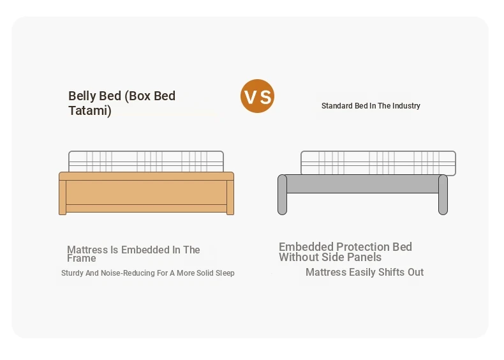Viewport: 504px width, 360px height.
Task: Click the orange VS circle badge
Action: pyautogui.click(x=257, y=96)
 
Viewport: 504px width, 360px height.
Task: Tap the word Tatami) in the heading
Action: pyautogui.click(x=90, y=110)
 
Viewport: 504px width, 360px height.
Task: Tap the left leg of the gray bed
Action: pyautogui.click(x=282, y=195)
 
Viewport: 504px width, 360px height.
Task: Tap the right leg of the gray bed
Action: pyautogui.click(x=443, y=195)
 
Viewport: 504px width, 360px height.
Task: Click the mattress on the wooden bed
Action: pyautogui.click(x=146, y=161)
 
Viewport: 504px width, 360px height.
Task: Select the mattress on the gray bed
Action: pyautogui.click(x=378, y=163)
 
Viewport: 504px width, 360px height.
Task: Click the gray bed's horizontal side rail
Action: pyautogui.click(x=362, y=184)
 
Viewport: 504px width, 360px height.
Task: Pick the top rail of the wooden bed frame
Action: pyautogui.click(x=146, y=176)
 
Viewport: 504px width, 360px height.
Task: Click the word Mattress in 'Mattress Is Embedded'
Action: pyautogui.click(x=87, y=250)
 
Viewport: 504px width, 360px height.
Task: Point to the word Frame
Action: pyautogui.click(x=81, y=259)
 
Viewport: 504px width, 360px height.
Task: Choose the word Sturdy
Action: pyautogui.click(x=72, y=273)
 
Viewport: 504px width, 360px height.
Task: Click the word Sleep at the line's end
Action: pyautogui.click(x=225, y=273)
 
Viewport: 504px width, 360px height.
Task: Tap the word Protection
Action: pyautogui.click(x=363, y=247)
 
